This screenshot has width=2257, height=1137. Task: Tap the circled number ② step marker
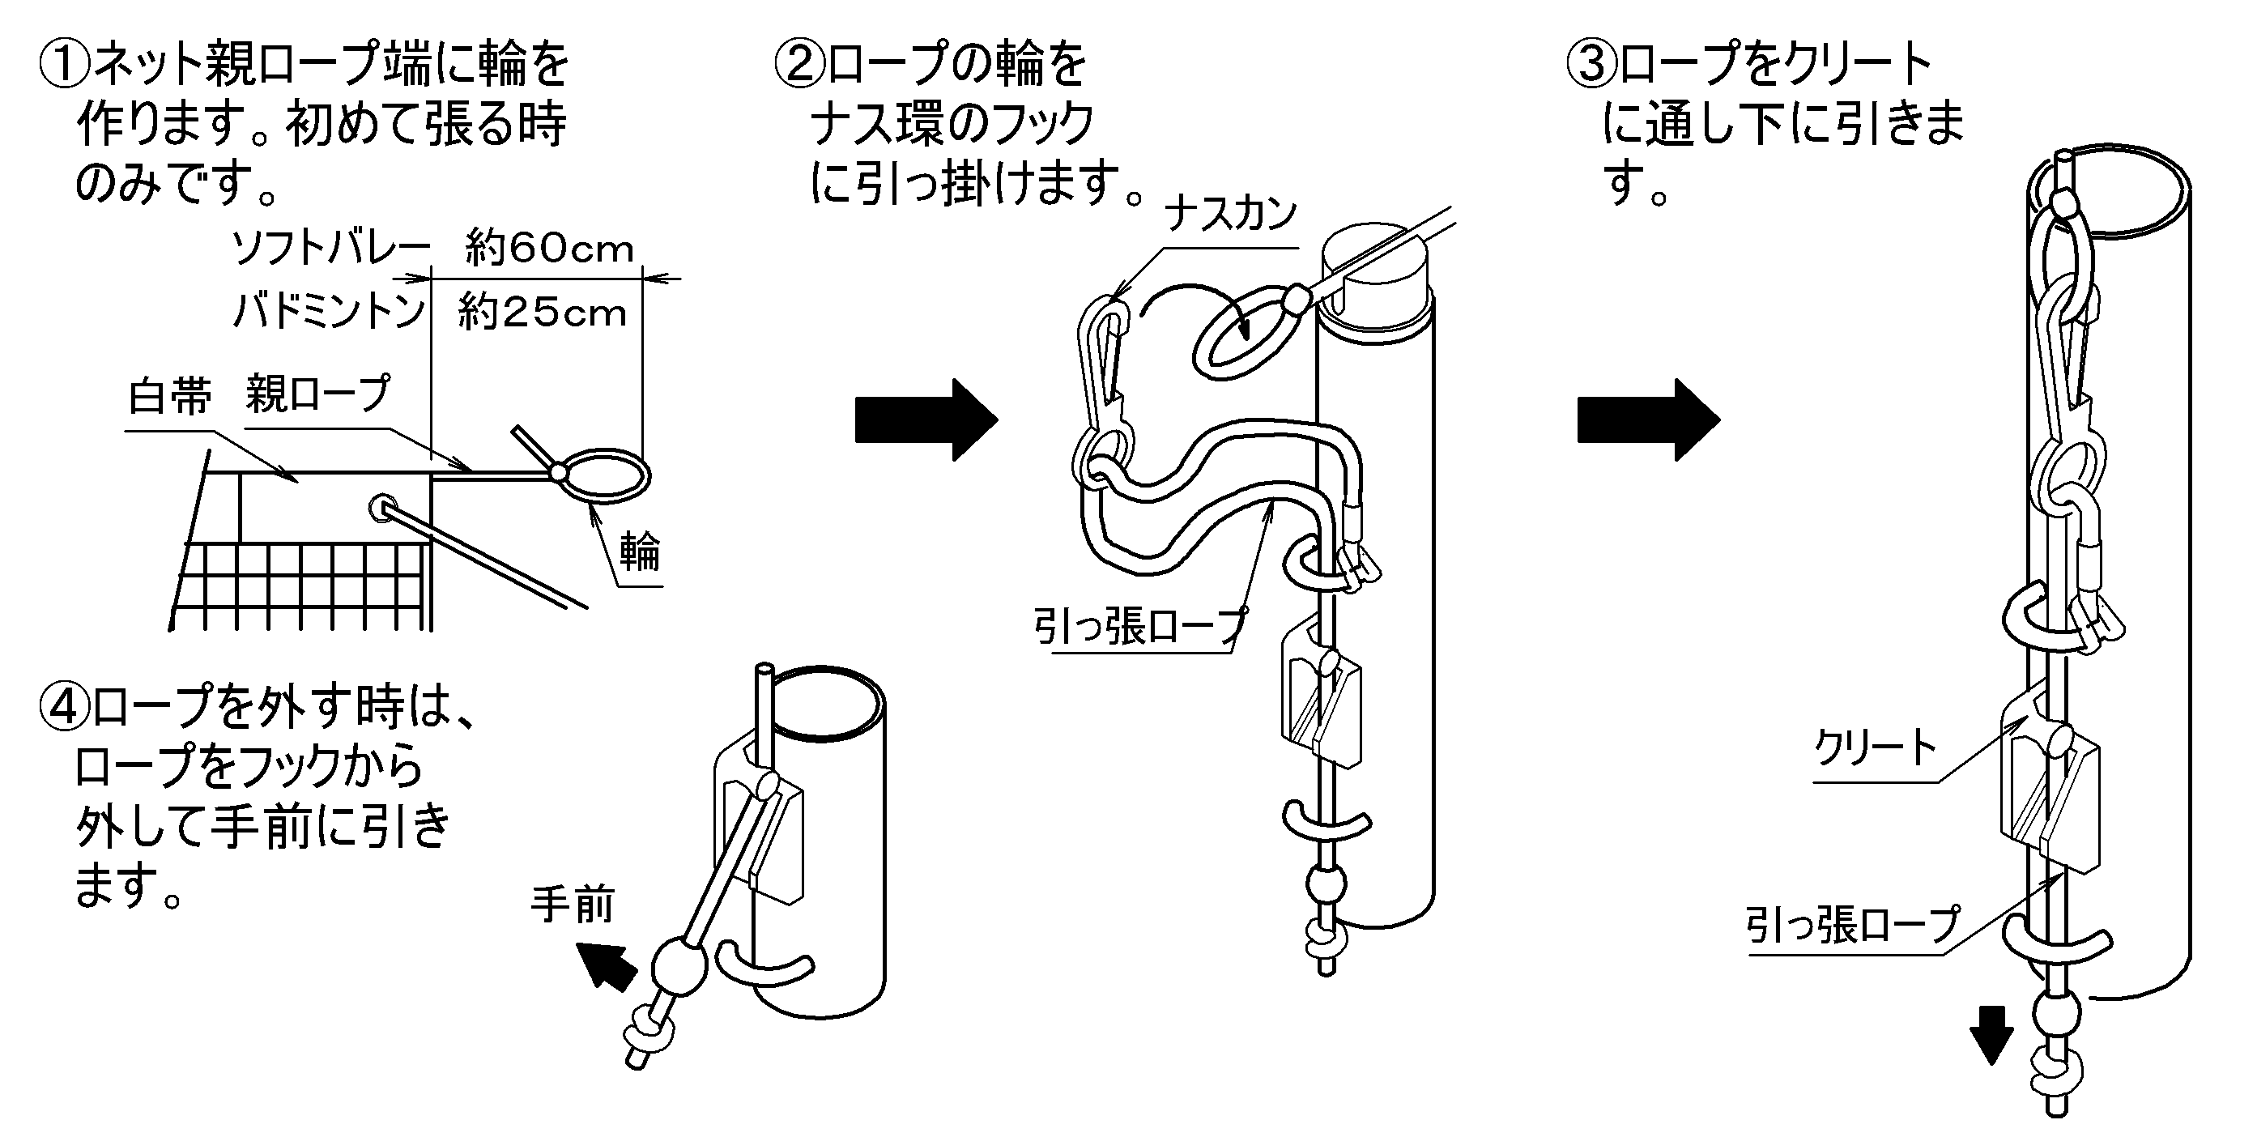[x=800, y=66]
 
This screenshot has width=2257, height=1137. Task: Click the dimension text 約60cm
[x=549, y=249]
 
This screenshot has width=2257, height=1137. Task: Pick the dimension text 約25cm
[x=543, y=313]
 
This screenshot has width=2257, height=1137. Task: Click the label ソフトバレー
[x=331, y=249]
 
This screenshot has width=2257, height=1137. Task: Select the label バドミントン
[x=330, y=312]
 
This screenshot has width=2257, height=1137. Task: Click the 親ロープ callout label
[x=318, y=394]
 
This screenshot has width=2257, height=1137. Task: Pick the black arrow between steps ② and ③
[x=1648, y=420]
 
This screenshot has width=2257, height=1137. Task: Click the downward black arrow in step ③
[x=1991, y=1034]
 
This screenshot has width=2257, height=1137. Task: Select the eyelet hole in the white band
[x=383, y=507]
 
